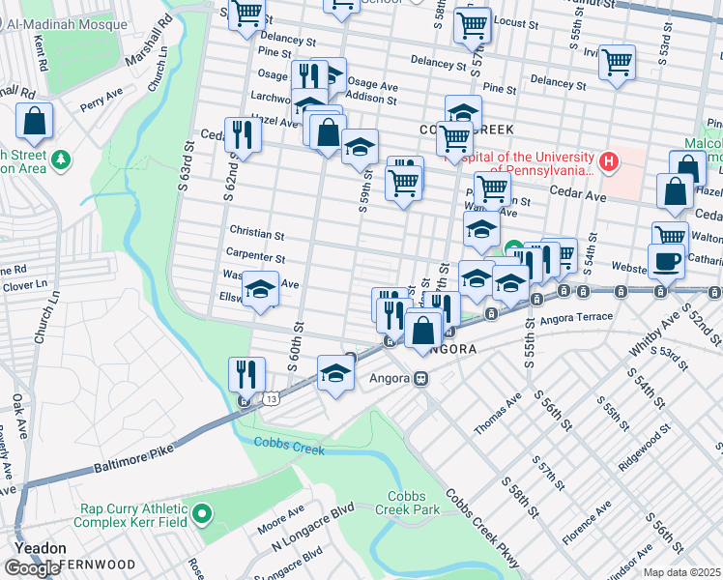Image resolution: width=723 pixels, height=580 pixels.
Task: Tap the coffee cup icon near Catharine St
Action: (665, 260)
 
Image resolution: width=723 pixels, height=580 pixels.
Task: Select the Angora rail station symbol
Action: (421, 379)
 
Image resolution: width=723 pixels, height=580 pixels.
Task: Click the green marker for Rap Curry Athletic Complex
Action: (202, 514)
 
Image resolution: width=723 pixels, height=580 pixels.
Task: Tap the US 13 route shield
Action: (275, 397)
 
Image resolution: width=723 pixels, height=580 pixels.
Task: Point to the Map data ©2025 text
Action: (682, 572)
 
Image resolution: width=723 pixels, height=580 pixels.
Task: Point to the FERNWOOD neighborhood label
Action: (99, 564)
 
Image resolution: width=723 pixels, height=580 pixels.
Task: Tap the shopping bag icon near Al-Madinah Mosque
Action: (34, 122)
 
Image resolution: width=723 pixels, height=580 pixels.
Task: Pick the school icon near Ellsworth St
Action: (260, 289)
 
